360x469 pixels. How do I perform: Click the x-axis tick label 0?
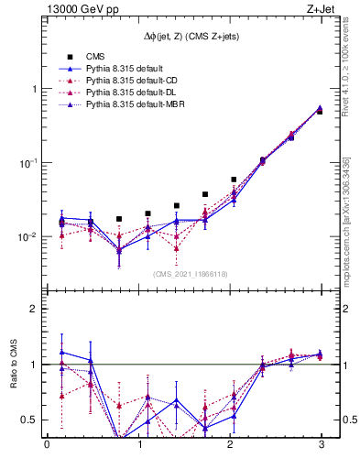pos(47,446)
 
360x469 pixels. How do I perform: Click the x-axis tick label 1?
pos(139,446)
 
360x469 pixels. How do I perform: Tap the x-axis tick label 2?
pos(230,446)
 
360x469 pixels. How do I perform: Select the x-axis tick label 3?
pos(322,446)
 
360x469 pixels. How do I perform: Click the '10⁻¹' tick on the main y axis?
pos(30,162)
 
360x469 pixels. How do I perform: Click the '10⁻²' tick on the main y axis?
pos(30,236)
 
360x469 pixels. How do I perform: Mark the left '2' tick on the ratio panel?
pos(35,310)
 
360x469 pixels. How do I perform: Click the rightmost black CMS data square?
pos(319,111)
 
